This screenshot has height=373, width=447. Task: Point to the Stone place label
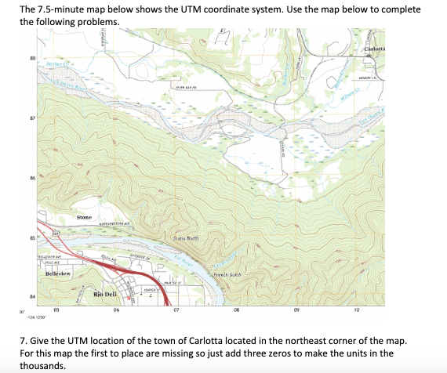tap(85, 216)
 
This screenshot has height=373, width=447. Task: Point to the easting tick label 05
tap(56, 309)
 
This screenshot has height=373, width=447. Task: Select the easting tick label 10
tap(357, 309)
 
